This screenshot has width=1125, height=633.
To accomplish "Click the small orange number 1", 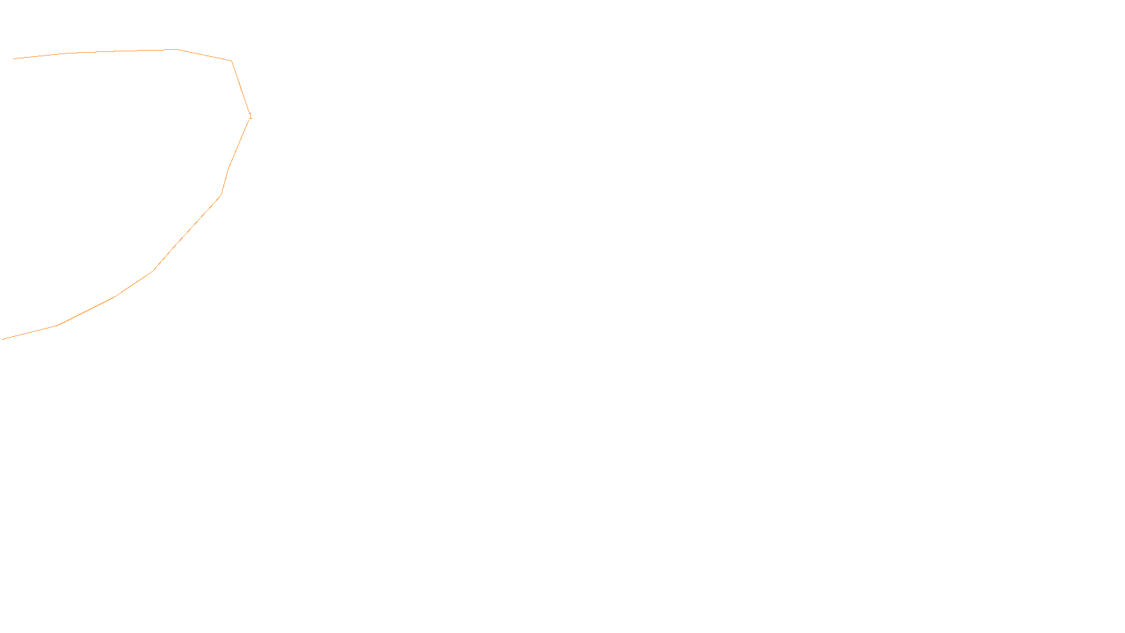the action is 250,116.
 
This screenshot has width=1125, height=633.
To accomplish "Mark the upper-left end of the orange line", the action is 14,58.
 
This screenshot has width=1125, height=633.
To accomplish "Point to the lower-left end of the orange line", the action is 4,339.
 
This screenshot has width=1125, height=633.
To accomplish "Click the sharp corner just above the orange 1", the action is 231,61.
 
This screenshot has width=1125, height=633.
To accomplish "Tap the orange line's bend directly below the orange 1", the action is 229,169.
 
